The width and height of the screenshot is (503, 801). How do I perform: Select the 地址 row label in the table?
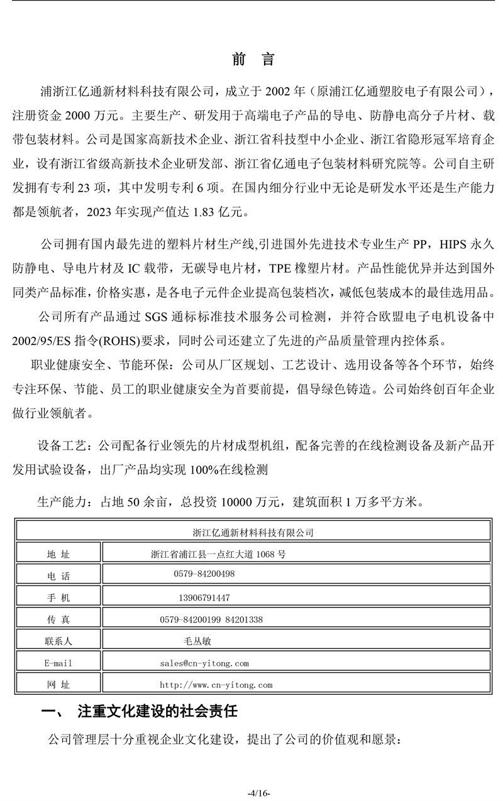point(58,554)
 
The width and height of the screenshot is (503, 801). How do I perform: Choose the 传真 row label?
point(58,619)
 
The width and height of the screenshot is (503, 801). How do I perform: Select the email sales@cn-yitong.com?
point(204,663)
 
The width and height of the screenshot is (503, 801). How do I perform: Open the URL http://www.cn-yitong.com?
point(216,685)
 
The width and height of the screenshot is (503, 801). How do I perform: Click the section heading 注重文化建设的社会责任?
point(157,712)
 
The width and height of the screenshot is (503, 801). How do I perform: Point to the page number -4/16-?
point(258,793)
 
